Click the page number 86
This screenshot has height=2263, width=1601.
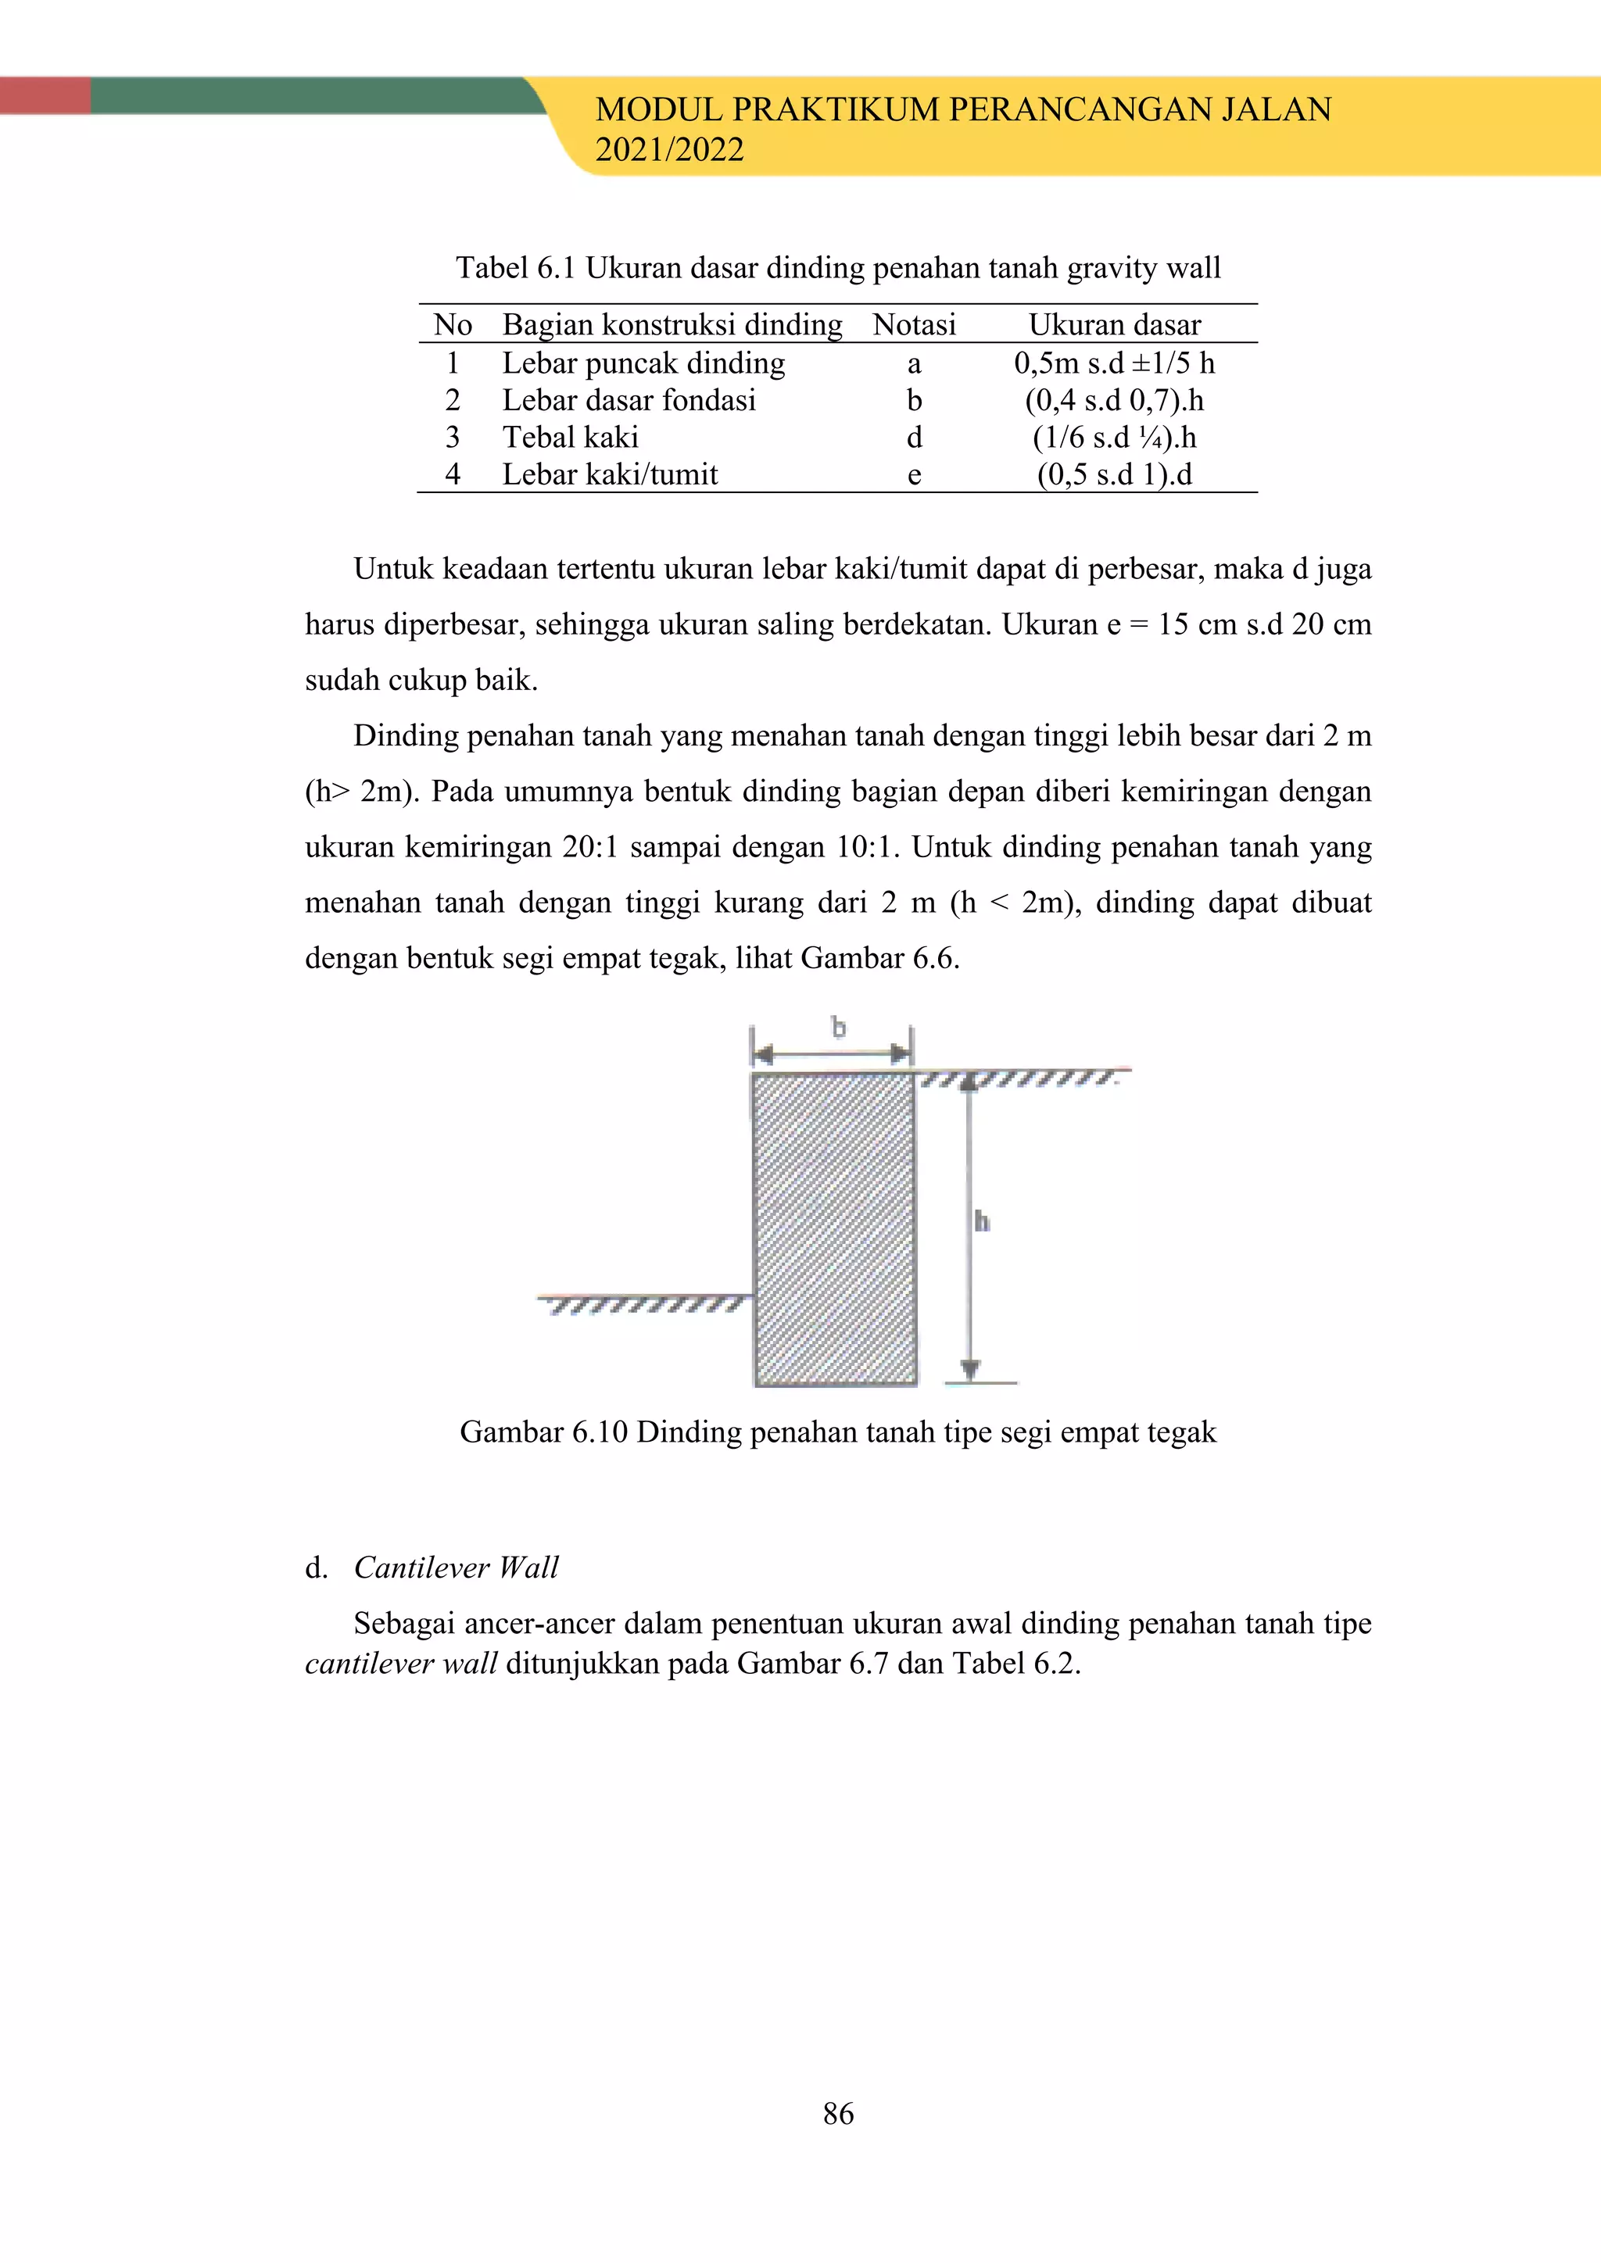click(838, 2112)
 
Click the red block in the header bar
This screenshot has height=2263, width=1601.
click(45, 95)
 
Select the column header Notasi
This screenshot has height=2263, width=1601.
click(914, 324)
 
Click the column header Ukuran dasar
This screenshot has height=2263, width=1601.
click(1114, 324)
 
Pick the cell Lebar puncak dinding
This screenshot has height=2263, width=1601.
click(643, 363)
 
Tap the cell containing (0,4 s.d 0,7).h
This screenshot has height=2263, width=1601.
click(1114, 400)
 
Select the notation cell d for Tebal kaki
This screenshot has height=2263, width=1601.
click(914, 438)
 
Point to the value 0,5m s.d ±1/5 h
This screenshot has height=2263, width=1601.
click(1114, 363)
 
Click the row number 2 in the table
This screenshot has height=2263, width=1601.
click(453, 400)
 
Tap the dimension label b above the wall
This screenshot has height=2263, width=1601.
click(838, 1028)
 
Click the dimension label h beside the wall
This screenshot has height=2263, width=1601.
click(982, 1222)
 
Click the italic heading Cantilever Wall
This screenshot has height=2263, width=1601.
click(456, 1568)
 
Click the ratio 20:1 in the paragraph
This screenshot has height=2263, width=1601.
click(589, 846)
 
